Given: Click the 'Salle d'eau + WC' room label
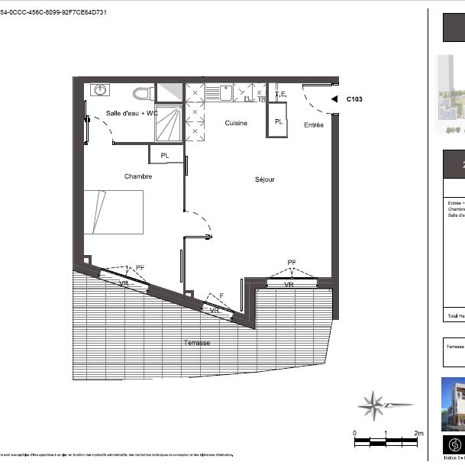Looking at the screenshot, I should tap(131, 113).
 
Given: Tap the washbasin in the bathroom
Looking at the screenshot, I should tap(100, 90).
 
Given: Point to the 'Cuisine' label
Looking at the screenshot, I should tap(235, 123).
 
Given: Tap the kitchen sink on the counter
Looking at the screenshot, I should tap(227, 93).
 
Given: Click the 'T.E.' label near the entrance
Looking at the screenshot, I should tap(279, 95).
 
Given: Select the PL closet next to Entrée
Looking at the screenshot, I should tap(278, 121).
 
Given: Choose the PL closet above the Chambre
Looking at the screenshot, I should tap(166, 155).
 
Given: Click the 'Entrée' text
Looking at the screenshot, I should tap(313, 124).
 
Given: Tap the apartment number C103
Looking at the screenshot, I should tap(355, 98).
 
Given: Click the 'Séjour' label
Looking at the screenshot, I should tap(264, 180).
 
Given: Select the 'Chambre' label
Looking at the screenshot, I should tap(138, 176).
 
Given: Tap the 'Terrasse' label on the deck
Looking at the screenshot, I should tap(197, 343).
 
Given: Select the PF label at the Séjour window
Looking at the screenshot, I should tap(292, 262).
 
